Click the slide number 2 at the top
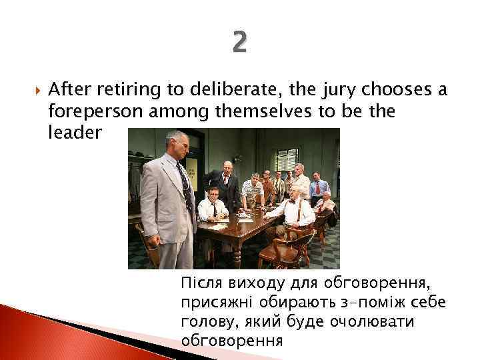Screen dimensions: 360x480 [240, 44]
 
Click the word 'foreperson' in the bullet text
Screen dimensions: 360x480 [85, 111]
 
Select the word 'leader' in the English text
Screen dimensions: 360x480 [75, 133]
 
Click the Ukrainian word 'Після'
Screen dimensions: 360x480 [199, 285]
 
